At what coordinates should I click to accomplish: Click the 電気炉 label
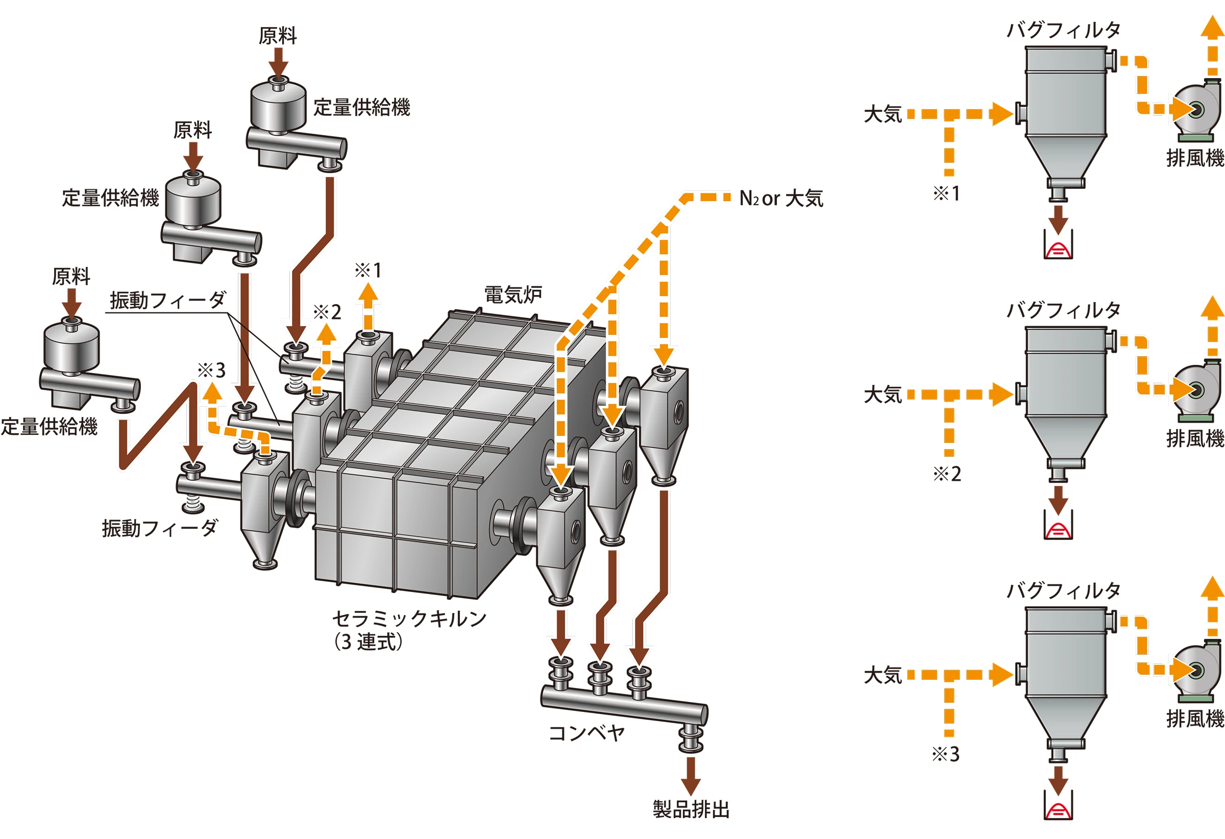(x=512, y=294)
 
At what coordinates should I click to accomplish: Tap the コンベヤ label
(x=586, y=732)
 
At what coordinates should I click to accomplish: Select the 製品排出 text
(x=691, y=809)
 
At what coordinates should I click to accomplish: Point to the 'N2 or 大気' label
(x=780, y=199)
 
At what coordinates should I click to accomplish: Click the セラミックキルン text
(x=409, y=618)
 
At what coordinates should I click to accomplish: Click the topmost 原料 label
(x=278, y=36)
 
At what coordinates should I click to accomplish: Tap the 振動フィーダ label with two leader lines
(x=167, y=301)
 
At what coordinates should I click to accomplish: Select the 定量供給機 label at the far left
(x=49, y=426)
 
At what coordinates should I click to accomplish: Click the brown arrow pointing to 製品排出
(x=690, y=775)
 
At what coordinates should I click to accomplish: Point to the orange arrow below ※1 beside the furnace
(x=367, y=306)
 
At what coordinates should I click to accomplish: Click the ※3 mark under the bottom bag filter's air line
(x=946, y=755)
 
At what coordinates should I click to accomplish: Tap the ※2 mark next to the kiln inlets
(x=327, y=312)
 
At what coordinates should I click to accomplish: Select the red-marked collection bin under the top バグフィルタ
(x=1058, y=245)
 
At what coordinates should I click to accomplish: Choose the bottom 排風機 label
(x=1195, y=719)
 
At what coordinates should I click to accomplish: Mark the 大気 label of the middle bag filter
(x=883, y=394)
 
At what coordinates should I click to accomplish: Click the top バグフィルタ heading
(x=1064, y=30)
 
